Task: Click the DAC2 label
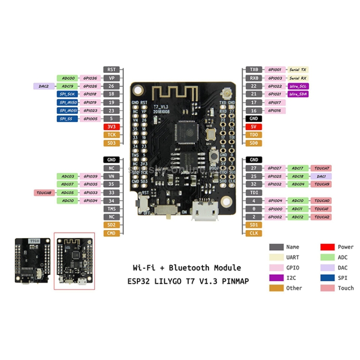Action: pyautogui.click(x=44, y=86)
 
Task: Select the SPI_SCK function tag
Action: pyautogui.click(x=66, y=95)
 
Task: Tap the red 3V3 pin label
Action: pyautogui.click(x=111, y=127)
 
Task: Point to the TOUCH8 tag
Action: pyautogui.click(x=44, y=192)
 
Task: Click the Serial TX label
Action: pyautogui.click(x=297, y=70)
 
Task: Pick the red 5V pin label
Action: pyautogui.click(x=254, y=127)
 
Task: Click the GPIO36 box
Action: pyautogui.click(x=90, y=78)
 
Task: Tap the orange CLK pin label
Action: pyautogui.click(x=254, y=233)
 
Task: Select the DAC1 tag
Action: pyautogui.click(x=321, y=176)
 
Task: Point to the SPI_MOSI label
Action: pyautogui.click(x=66, y=110)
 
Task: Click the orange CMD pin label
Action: pyautogui.click(x=111, y=233)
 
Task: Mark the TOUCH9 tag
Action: pyautogui.click(x=321, y=184)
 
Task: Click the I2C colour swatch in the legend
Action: pyautogui.click(x=276, y=277)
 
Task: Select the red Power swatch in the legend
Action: pyautogui.click(x=327, y=247)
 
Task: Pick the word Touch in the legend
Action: pyautogui.click(x=346, y=288)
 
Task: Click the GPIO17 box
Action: pyautogui.click(x=275, y=102)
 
